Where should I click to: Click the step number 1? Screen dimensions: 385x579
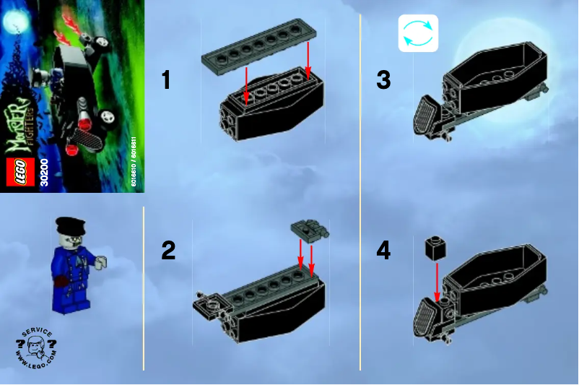pyautogui.click(x=166, y=79)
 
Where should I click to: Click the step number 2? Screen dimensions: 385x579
pyautogui.click(x=167, y=251)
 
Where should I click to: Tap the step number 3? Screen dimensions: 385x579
pyautogui.click(x=383, y=79)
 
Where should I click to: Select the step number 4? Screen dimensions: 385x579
pyautogui.click(x=383, y=251)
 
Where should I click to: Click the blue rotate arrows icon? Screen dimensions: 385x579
pyautogui.click(x=418, y=34)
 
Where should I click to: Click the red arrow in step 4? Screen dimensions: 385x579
pyautogui.click(x=437, y=282)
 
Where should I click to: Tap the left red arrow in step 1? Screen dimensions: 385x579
pyautogui.click(x=246, y=83)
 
